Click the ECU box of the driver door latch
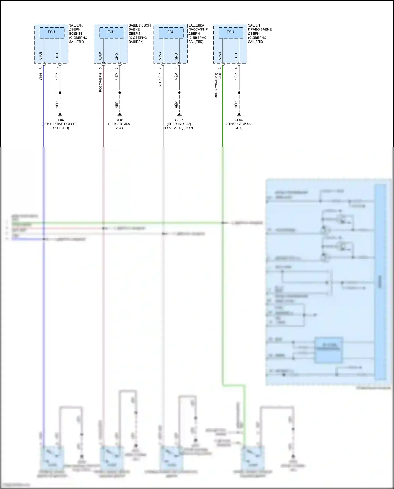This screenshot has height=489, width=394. pyautogui.click(x=51, y=32)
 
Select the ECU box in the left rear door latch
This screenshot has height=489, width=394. pyautogui.click(x=111, y=32)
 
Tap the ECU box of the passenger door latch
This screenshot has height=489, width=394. pyautogui.click(x=171, y=32)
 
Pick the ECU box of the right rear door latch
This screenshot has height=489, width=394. pyautogui.click(x=230, y=32)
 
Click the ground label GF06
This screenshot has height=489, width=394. pyautogui.click(x=60, y=120)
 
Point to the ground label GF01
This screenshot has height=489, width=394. pyautogui.click(x=120, y=120)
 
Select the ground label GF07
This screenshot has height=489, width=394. pyautogui.click(x=179, y=120)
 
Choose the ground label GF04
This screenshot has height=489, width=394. pyautogui.click(x=239, y=120)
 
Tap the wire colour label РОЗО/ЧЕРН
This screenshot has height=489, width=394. pyautogui.click(x=100, y=82)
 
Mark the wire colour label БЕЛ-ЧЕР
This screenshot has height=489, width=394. pyautogui.click(x=160, y=80)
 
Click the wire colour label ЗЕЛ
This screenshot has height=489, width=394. pyautogui.click(x=220, y=76)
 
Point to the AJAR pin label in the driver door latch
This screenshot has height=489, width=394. pyautogui.click(x=41, y=56)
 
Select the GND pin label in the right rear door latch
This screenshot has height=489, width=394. pyautogui.click(x=236, y=56)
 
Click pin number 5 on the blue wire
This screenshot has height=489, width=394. pyautogui.click(x=41, y=68)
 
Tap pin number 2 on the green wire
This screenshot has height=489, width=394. pyautogui.click(x=220, y=68)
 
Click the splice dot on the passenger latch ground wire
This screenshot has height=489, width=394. pyautogui.click(x=179, y=92)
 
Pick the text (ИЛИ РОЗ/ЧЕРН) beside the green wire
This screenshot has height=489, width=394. pyautogui.click(x=216, y=86)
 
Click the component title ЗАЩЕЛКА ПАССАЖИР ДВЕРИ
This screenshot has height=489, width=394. pyautogui.click(x=198, y=29)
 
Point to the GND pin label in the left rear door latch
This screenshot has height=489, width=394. pyautogui.click(x=117, y=56)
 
